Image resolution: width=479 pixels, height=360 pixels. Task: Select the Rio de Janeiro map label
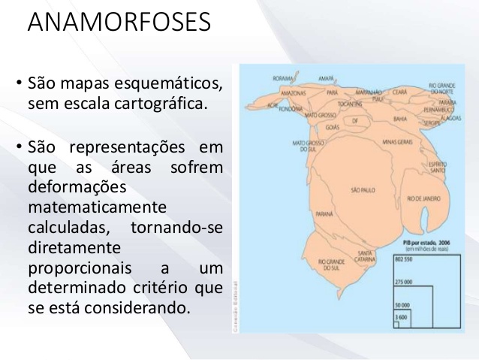point(423,198)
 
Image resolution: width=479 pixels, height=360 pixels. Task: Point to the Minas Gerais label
point(398,141)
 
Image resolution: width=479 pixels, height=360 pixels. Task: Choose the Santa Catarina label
point(366,255)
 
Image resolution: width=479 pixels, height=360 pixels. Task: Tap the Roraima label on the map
point(283,77)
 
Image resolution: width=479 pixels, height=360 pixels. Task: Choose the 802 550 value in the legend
point(403,259)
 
